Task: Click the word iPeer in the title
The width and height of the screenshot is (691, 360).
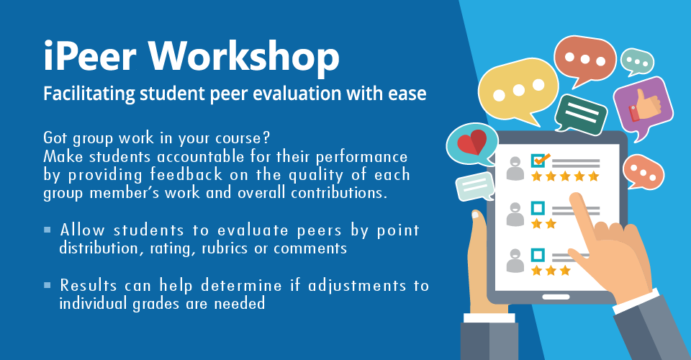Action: tap(89, 56)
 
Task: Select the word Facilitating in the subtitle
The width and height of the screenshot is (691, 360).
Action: tap(89, 94)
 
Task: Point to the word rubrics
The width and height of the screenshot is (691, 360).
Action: tap(225, 248)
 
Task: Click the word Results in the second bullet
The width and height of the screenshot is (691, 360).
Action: tap(89, 285)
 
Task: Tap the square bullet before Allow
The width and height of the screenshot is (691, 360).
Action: tap(48, 230)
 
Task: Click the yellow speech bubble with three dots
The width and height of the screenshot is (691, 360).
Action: tap(518, 91)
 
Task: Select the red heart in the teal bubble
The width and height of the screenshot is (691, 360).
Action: tap(472, 142)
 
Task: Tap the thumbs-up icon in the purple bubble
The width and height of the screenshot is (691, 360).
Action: tap(645, 105)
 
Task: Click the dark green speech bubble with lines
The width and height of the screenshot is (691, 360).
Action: tap(580, 113)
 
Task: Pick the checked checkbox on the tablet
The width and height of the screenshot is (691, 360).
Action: tap(538, 161)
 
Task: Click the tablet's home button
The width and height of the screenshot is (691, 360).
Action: tap(556, 297)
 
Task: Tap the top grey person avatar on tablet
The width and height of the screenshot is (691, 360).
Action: tap(515, 168)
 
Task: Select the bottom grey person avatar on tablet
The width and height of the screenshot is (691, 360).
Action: tap(515, 261)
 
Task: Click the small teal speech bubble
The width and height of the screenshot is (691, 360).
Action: tap(637, 62)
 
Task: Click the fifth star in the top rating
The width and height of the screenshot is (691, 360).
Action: tap(594, 176)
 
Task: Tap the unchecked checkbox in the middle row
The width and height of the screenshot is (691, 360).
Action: tap(538, 208)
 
